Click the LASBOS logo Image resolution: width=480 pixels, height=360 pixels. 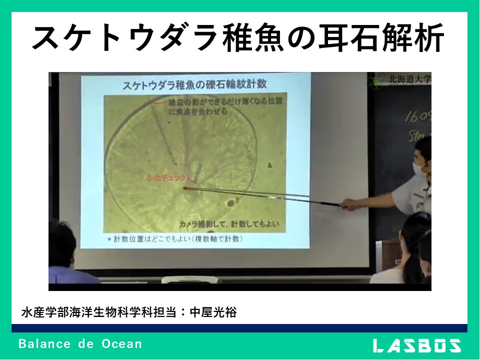[417, 345]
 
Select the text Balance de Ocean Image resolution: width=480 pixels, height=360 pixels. [80, 344]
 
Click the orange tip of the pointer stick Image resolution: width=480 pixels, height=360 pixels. [185, 188]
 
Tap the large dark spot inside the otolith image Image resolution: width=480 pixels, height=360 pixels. [231, 203]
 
